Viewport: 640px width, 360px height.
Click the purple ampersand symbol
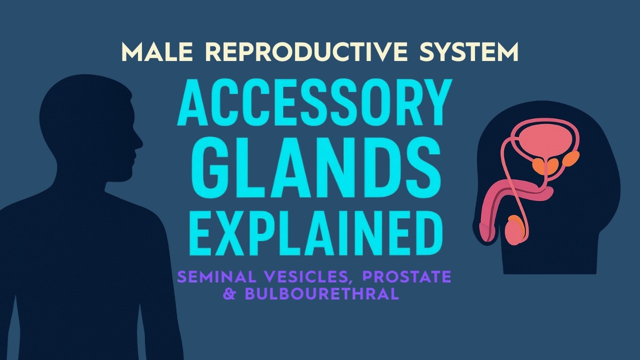coord(230,294)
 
